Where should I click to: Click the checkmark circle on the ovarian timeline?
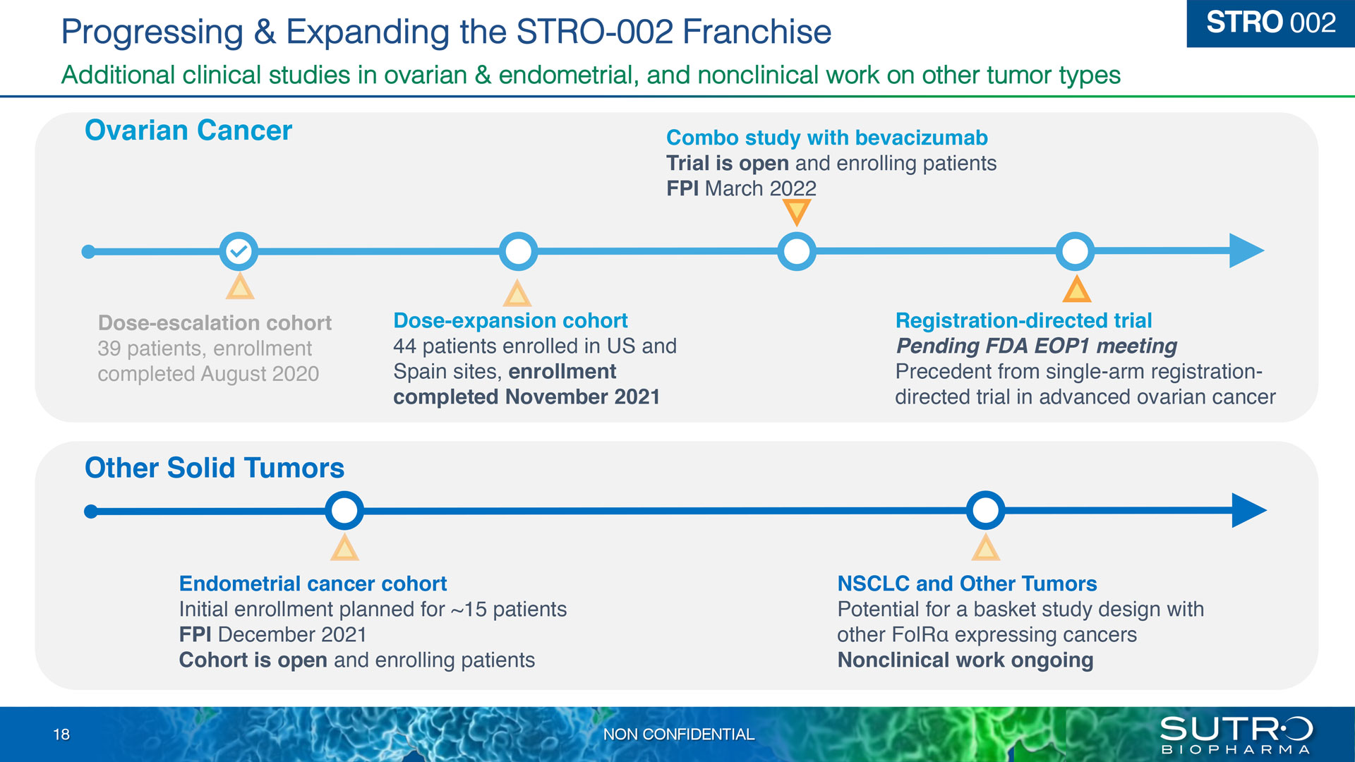[239, 250]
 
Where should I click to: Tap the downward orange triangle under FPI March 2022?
[797, 211]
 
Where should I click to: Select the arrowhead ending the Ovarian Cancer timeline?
[1246, 250]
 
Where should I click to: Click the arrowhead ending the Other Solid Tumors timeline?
[1249, 510]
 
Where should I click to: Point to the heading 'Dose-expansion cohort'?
[510, 320]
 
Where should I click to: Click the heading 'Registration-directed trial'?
[1023, 320]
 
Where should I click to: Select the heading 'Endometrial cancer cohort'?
[313, 583]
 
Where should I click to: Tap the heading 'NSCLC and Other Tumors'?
[967, 583]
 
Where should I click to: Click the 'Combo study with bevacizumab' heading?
[826, 138]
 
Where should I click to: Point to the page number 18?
[61, 734]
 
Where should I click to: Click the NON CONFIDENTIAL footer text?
[678, 734]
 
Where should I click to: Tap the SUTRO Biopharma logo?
[1236, 735]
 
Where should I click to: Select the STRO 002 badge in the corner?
[1270, 23]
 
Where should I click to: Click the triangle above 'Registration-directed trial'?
[1076, 289]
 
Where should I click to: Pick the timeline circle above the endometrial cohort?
[344, 510]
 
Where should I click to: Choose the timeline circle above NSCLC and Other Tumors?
[985, 510]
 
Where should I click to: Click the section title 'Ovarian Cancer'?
[188, 131]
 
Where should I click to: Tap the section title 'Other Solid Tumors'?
[215, 468]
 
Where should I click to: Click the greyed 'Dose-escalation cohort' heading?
[215, 322]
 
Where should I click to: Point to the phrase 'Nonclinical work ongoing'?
[965, 660]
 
